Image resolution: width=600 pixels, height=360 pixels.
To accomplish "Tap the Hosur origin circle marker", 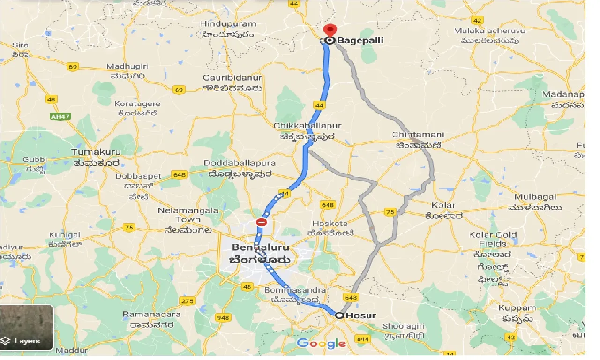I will click(x=339, y=315).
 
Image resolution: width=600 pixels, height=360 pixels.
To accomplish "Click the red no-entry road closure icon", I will click(x=262, y=222).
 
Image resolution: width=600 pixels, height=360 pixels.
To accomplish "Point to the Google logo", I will click(x=322, y=344).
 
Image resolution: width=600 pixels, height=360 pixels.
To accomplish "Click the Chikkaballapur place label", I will click(x=308, y=126).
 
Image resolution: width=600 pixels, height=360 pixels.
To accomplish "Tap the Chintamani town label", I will click(x=418, y=135).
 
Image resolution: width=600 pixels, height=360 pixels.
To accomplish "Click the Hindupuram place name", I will click(x=228, y=24).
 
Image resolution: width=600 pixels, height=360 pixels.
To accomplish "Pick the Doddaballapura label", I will click(x=240, y=163).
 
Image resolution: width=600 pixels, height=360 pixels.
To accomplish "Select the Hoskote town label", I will click(x=330, y=224).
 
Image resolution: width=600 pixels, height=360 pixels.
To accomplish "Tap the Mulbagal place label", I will click(x=534, y=197).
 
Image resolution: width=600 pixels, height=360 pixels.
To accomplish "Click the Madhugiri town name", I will click(x=127, y=66).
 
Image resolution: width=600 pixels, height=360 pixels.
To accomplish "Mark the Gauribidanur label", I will click(x=232, y=78).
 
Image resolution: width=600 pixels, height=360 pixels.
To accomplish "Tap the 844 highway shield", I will click(x=362, y=338).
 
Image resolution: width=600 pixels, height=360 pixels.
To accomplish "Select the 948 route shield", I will click(x=223, y=317).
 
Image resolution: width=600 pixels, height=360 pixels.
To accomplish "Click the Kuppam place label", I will click(x=517, y=308).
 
